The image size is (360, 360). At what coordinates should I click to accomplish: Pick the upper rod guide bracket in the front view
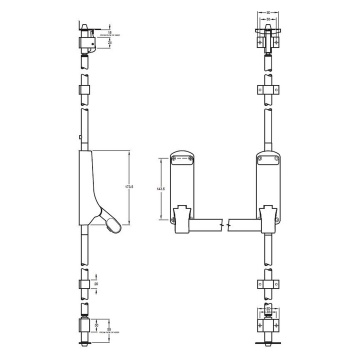click(267, 90)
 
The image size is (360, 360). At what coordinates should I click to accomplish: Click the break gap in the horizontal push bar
click(224, 221)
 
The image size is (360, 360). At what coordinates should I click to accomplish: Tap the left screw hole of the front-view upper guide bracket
click(258, 90)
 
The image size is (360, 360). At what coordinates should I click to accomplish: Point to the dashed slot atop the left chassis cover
click(182, 157)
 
